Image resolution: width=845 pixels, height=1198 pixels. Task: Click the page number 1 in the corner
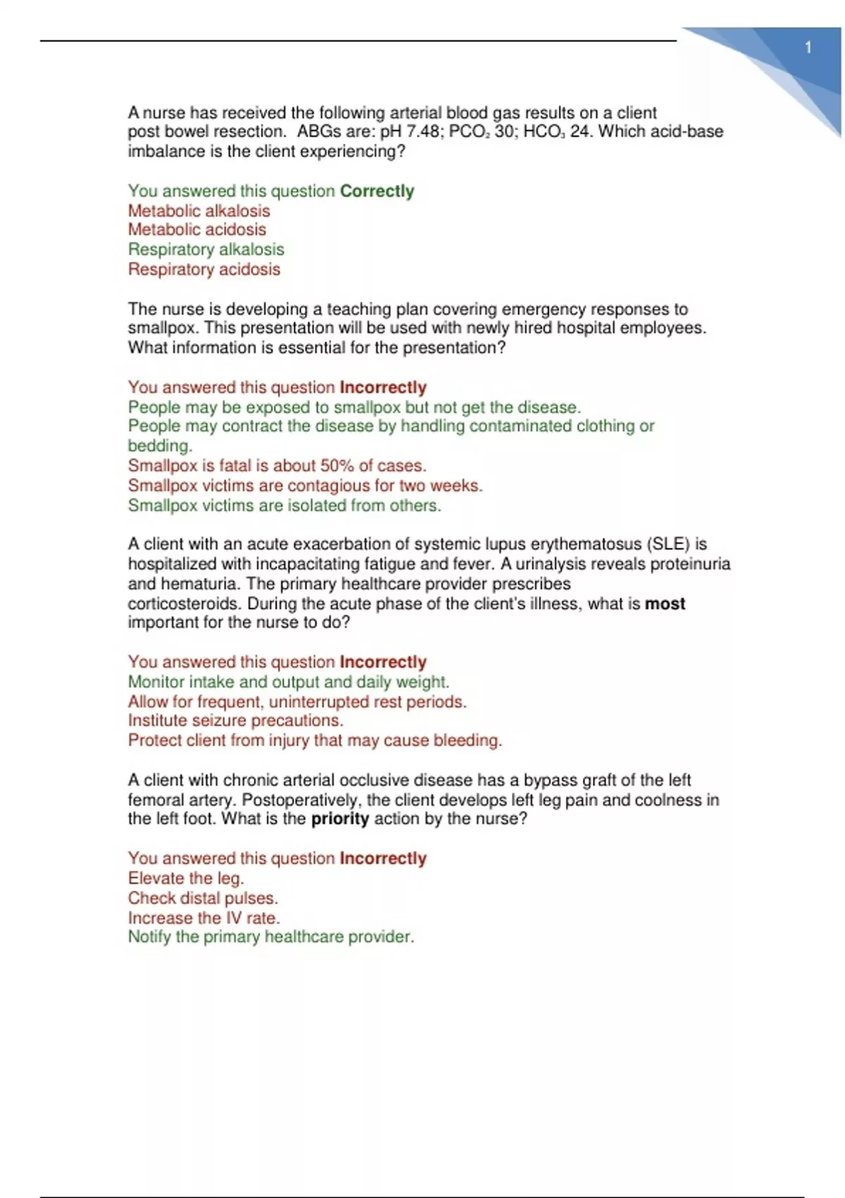pos(808,48)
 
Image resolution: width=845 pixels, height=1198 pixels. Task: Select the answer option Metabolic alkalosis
pos(199,211)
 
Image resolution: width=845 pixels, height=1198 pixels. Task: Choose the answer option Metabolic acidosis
pos(196,230)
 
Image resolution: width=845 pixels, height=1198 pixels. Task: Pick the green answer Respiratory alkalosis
pos(206,249)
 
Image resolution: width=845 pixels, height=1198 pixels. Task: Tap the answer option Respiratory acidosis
pos(204,269)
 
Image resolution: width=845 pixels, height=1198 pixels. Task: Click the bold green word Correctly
pos(377,191)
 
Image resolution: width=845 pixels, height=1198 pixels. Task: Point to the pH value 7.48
pos(423,132)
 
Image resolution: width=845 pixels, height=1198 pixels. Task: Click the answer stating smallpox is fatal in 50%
pos(277,466)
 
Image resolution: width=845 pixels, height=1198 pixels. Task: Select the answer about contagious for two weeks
pos(305,486)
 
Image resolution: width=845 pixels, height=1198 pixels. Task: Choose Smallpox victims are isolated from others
pos(284,505)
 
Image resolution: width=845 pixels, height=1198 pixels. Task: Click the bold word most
pos(665,604)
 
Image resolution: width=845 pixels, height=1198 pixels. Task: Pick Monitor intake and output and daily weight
pos(288,681)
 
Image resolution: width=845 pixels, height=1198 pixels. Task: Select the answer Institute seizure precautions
pos(235,720)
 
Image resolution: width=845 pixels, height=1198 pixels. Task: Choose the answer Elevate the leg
pos(185,878)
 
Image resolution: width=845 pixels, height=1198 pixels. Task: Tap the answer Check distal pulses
pos(203,898)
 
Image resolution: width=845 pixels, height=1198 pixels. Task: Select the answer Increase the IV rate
pos(204,918)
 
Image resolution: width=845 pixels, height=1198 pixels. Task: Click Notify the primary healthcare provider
pos(270,937)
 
